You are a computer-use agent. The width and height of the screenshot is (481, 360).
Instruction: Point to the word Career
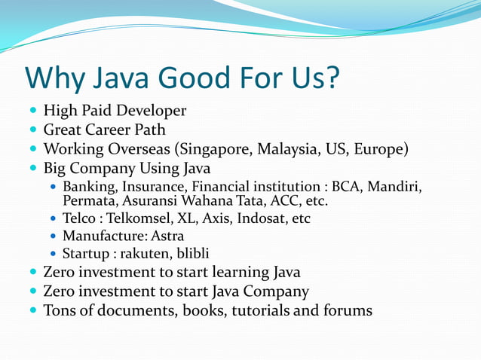[118, 130]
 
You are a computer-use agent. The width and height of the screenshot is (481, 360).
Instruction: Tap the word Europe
[381, 148]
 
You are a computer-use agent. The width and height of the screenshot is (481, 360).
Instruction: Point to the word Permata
[87, 201]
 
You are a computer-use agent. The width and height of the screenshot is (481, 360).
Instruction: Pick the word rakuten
[142, 254]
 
